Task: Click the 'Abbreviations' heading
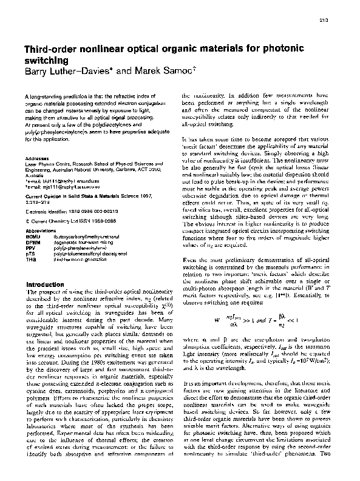point(42,230)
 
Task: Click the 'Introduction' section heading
point(47,284)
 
